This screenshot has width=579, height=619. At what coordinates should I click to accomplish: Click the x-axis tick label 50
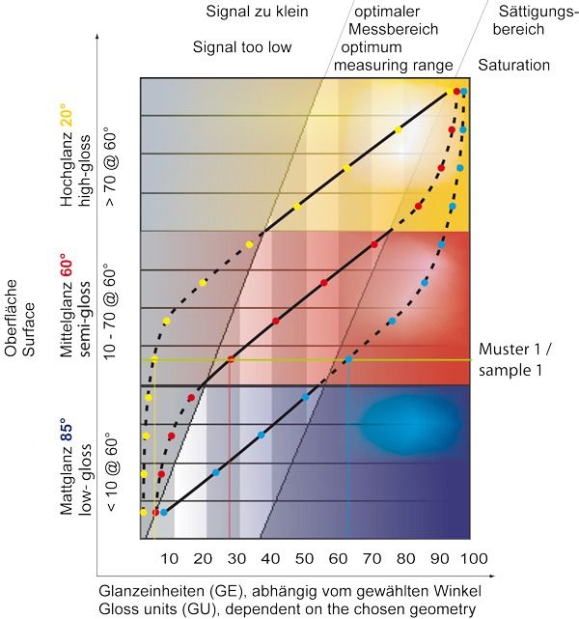point(304,559)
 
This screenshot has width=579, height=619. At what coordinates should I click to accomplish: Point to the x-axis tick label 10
point(168,559)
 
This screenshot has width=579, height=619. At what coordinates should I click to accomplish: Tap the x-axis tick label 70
point(372,559)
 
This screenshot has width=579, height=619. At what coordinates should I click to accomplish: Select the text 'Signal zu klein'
point(254,13)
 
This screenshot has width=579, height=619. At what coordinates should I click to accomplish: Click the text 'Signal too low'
point(241,47)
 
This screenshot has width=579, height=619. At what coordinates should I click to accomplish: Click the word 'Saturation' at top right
point(513,66)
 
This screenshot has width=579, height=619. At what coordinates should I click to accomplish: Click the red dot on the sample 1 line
point(230,359)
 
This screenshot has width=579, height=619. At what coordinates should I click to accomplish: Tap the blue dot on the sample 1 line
point(348,359)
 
